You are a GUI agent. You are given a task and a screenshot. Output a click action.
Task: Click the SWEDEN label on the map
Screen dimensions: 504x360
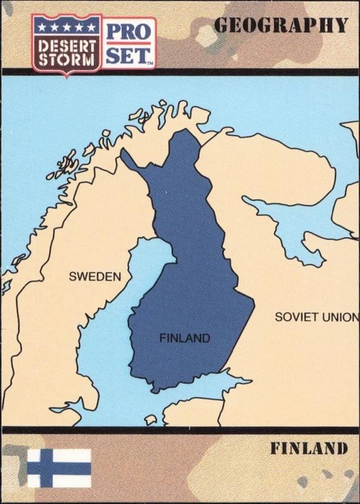95,276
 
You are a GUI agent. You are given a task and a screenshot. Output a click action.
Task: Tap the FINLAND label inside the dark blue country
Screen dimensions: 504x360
185,338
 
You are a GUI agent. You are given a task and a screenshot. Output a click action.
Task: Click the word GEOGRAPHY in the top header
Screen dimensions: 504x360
281,25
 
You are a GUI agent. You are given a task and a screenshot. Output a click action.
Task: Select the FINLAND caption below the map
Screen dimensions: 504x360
309,449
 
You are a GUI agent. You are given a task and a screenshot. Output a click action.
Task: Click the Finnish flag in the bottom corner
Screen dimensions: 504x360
59,467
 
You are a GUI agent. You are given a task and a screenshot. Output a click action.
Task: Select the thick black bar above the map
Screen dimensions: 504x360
180,72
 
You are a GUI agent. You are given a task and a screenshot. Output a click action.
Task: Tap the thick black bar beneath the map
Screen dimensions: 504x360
180,430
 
